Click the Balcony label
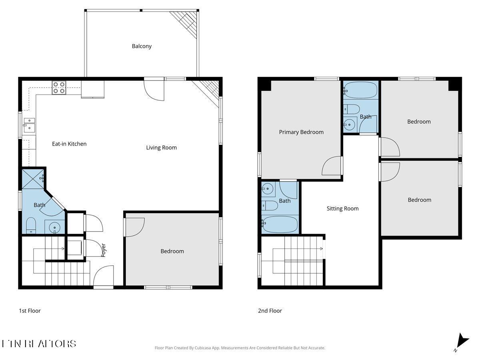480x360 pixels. tap(142, 46)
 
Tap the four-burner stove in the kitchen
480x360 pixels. tap(59, 88)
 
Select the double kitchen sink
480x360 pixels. tap(29, 124)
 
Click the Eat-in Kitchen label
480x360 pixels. tap(69, 144)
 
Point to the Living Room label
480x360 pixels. tap(161, 148)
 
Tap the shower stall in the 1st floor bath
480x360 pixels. tap(33, 178)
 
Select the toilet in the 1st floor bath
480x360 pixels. tap(31, 226)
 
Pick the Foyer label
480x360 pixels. tap(103, 250)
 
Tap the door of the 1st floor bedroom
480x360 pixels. tap(134, 227)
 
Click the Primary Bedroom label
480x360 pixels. tap(301, 132)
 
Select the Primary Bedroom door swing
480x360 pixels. tap(332, 166)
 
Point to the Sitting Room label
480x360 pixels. tap(342, 208)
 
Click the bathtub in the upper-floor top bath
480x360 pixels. tap(360, 90)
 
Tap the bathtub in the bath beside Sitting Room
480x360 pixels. tap(280, 225)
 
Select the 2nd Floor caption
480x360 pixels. tap(270, 311)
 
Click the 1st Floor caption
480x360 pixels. tap(30, 311)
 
